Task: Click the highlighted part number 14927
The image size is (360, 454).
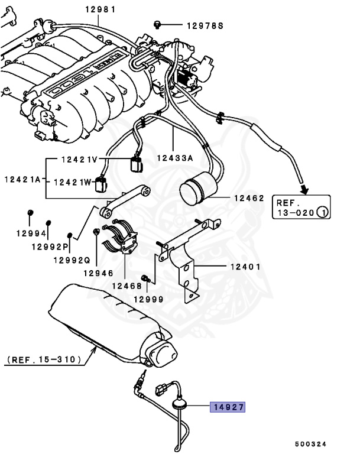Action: tap(228, 407)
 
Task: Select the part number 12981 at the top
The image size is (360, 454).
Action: tap(100, 9)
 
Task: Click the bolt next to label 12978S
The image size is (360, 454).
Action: tap(157, 24)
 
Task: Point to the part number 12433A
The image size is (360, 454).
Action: tap(175, 158)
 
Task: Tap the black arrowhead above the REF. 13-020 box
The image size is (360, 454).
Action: tap(304, 189)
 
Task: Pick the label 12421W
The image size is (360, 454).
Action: tap(73, 183)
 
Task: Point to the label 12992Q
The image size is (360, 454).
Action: tap(71, 260)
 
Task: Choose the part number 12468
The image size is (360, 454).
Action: tap(127, 286)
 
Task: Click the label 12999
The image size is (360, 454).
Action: tap(148, 299)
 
